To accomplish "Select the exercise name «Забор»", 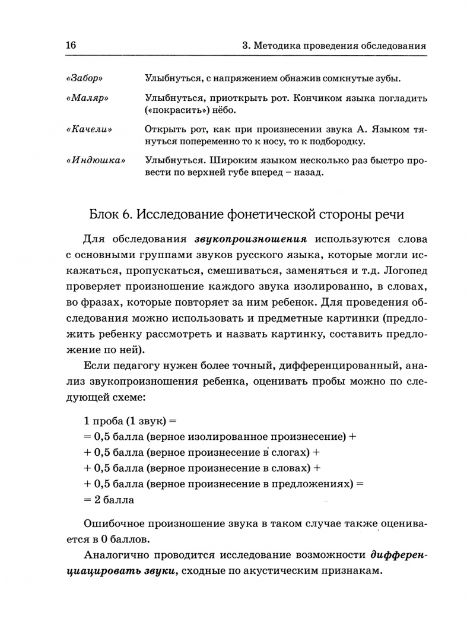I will coord(86,78).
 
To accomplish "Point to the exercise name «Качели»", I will coord(90,129).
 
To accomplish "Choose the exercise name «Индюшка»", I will coord(96,161).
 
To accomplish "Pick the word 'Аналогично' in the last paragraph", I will coord(119,555).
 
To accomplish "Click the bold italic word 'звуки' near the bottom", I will coord(158,570).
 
